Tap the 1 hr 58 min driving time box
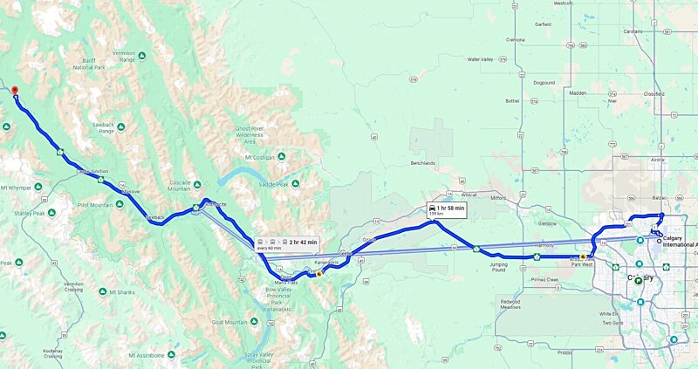446,209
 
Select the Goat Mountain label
230,322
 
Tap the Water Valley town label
480,59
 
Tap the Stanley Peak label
17,212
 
